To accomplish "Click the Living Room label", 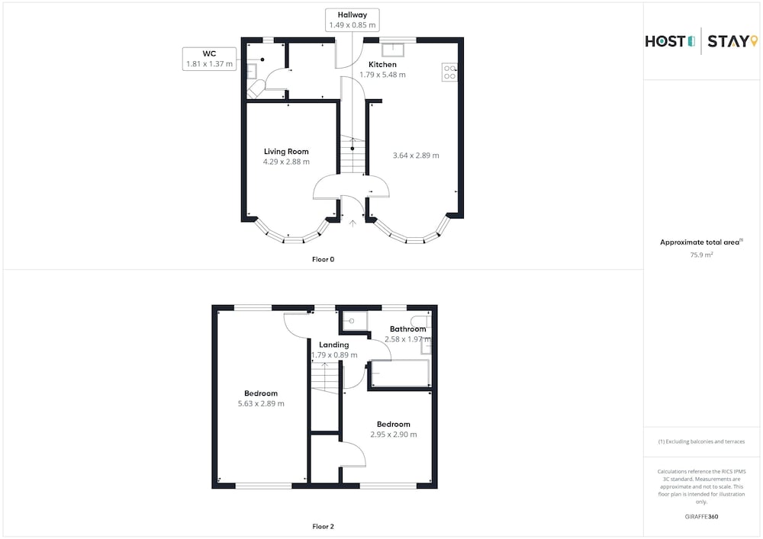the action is tap(286, 152).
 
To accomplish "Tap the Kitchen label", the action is tap(382, 65).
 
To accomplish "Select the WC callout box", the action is tap(209, 59).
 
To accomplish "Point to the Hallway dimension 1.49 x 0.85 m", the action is tap(353, 25).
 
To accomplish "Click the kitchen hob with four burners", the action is tap(449, 72).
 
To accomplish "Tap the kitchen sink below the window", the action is tap(393, 50).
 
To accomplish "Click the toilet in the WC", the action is tap(255, 89).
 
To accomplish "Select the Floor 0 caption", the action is tap(323, 259).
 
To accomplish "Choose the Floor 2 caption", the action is tap(323, 526).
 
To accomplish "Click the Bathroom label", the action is tap(407, 329).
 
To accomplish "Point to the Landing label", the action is tap(334, 345).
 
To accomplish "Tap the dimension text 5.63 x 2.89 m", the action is tap(261, 404).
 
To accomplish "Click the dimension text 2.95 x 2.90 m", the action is tap(394, 435).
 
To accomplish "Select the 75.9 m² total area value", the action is tap(701, 255).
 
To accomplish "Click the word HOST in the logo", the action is tap(665, 41).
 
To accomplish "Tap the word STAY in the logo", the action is tap(729, 41).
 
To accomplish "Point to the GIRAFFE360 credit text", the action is tap(701, 517).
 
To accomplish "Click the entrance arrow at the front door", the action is tap(353, 223).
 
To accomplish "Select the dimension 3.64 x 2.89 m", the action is tap(416, 156).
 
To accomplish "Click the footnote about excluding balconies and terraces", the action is tap(701, 441).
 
